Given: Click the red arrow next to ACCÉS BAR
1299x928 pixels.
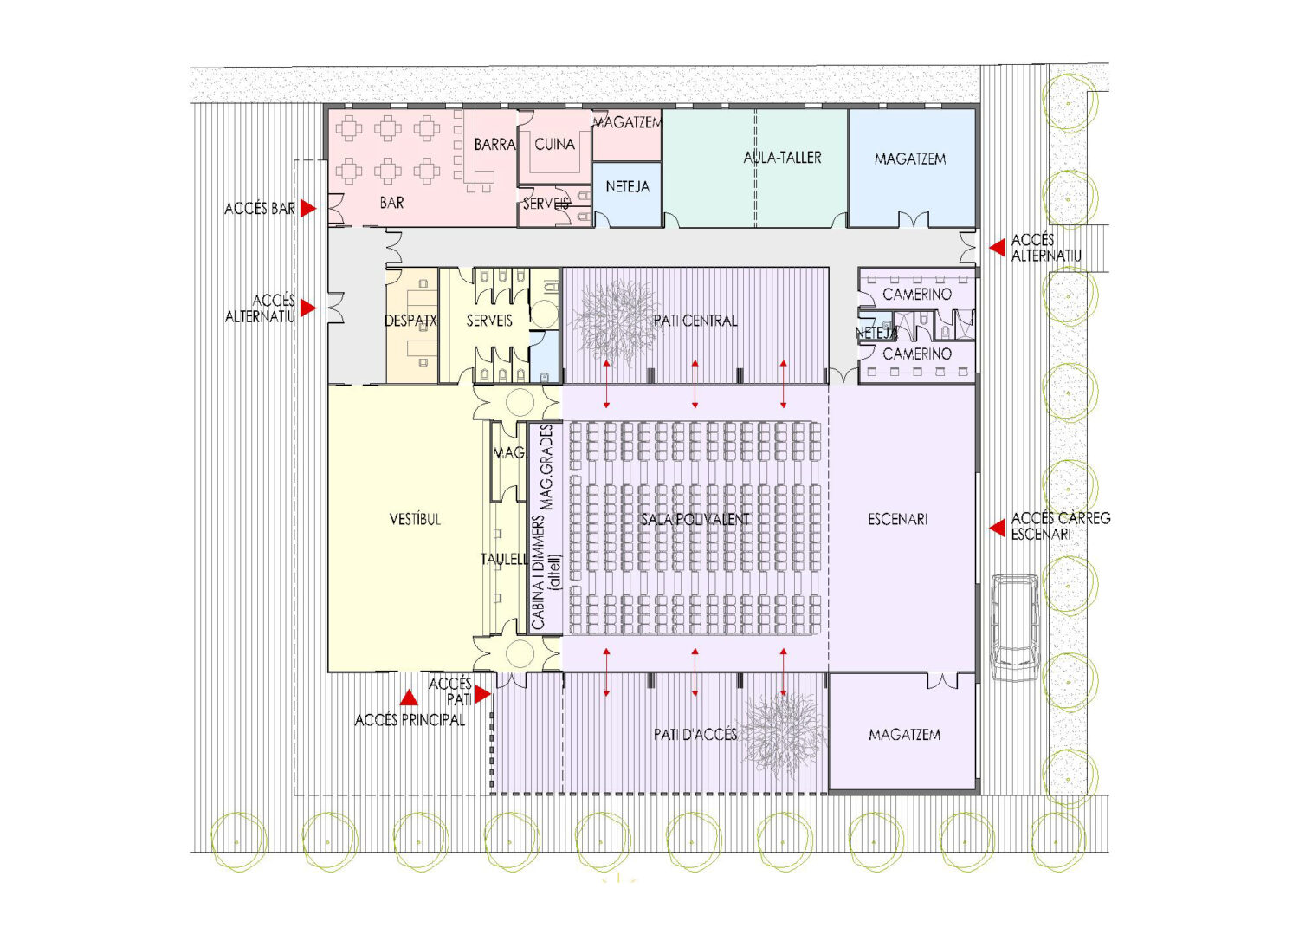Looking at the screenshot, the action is (308, 209).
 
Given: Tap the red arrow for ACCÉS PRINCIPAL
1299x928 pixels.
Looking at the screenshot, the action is (409, 698).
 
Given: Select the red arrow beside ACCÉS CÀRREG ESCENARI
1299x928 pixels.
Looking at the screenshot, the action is (998, 529).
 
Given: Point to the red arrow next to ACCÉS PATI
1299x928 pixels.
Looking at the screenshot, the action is (483, 694).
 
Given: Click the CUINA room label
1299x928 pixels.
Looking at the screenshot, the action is (554, 145).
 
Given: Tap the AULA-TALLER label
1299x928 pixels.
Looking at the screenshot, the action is (782, 158).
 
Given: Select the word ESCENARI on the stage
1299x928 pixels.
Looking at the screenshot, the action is (897, 519).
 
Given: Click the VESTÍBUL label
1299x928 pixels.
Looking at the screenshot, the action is (415, 519).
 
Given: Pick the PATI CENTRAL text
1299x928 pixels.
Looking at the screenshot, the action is (695, 321).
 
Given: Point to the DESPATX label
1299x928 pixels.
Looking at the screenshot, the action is (411, 321).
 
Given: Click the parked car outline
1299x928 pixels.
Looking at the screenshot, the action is (1015, 627).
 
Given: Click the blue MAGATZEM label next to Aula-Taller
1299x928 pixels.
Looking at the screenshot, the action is (910, 159).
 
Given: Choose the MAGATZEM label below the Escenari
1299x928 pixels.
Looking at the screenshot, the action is (905, 735).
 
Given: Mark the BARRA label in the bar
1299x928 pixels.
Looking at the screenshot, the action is (494, 145).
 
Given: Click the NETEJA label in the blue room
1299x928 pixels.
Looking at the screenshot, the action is (628, 187).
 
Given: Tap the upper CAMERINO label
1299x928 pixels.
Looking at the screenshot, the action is (917, 295).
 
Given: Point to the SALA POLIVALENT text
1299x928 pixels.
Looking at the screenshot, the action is (695, 519).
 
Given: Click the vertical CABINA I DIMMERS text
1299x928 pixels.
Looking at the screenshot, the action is (538, 572).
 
